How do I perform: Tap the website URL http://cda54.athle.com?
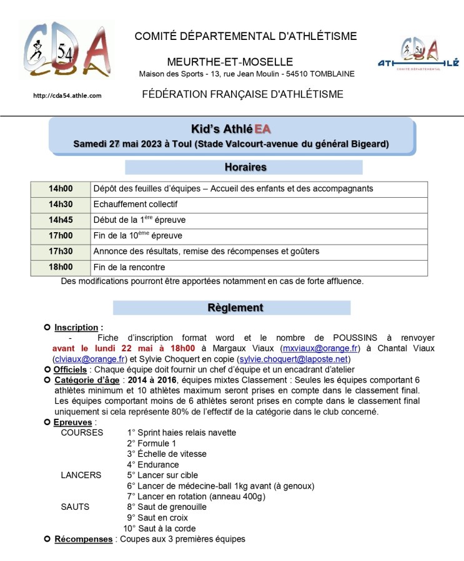coord(67,95)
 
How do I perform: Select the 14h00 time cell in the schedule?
coord(61,188)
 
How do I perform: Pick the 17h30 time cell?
coord(61,251)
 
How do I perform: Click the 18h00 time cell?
coord(61,268)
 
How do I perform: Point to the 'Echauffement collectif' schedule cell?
coord(136,204)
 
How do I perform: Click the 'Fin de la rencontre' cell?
coord(129,268)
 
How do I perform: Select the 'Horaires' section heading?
coord(244,167)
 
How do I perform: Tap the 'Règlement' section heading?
coord(235,308)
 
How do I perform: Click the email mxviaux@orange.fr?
coord(320,348)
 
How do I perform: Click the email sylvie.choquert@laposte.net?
coord(294,359)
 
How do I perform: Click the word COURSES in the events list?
coord(82,432)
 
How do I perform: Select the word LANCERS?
coord(81,475)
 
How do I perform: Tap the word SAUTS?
coord(75,507)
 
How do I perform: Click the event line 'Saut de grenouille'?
coord(166,507)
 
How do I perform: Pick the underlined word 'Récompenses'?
coord(84,539)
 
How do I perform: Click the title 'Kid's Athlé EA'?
coord(230,130)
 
